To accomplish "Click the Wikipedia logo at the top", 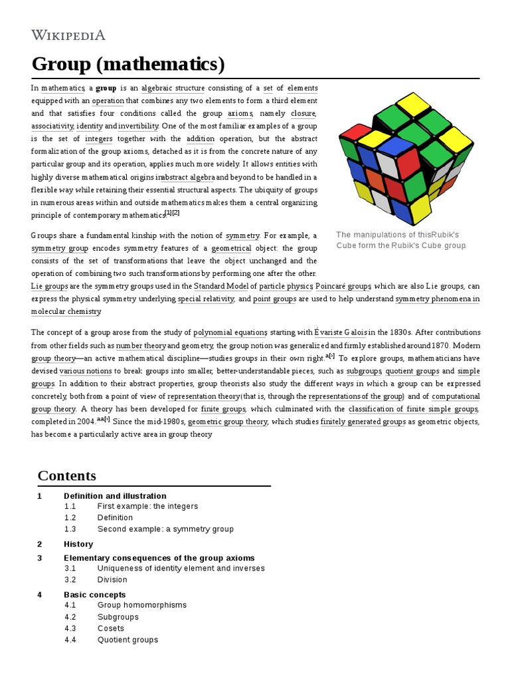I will tap(68, 35).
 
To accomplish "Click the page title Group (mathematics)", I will tap(128, 65).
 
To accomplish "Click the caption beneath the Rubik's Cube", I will tap(402, 240).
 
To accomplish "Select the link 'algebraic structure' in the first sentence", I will tap(170, 88).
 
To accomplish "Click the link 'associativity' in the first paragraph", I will tap(52, 126).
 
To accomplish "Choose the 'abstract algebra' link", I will tap(188, 178).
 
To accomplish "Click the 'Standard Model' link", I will tap(221, 286).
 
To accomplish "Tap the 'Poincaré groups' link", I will tap(343, 286).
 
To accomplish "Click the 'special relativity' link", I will tap(206, 299).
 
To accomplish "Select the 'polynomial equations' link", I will tap(230, 333).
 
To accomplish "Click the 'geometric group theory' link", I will tap(227, 422).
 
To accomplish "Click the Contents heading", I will tap(66, 476).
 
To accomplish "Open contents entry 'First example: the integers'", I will tap(147, 506).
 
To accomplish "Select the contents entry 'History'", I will tap(78, 544).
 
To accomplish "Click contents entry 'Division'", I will tap(112, 579).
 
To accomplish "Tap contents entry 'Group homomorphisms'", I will tap(142, 605).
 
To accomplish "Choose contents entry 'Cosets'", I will tap(111, 628).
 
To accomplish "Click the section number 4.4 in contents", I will tap(70, 640).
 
